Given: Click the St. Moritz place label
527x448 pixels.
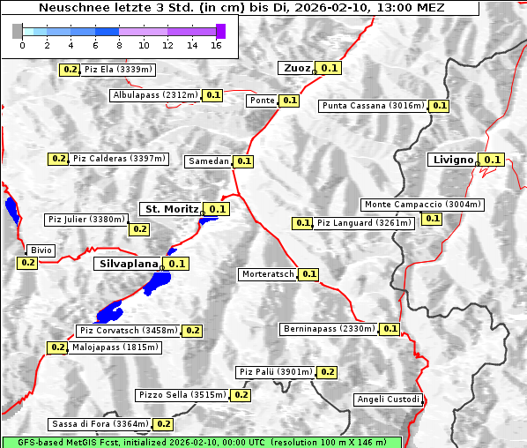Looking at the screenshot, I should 171,209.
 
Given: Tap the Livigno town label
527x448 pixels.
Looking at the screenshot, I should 452,160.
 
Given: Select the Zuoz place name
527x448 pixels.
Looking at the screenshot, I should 295,68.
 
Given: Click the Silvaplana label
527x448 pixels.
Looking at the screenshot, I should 128,264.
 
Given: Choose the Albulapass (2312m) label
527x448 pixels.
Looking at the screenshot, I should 155,94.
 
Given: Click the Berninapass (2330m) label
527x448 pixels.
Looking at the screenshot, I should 330,329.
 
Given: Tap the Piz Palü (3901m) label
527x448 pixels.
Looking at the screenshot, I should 275,372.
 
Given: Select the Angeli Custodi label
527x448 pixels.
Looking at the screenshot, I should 388,399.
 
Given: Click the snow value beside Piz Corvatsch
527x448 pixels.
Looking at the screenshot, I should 193,331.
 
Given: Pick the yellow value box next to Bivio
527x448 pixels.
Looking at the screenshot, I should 26,263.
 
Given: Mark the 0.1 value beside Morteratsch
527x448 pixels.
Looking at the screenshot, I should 309,274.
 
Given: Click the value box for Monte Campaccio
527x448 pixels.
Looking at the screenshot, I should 432,218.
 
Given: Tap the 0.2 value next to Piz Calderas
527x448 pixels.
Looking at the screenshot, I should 59,159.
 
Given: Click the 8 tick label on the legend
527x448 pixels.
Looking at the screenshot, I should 119,46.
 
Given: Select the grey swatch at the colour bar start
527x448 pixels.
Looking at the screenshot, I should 18,31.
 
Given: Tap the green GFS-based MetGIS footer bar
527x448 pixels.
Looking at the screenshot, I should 201,442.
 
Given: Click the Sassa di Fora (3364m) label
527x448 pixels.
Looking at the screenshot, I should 100,424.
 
